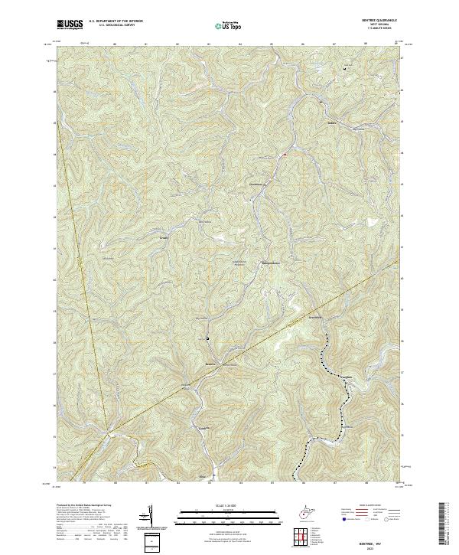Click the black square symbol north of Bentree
[x=207, y=338]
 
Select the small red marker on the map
[x=285, y=155]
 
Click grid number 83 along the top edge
[x=209, y=44]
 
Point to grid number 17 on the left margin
[x=54, y=374]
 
